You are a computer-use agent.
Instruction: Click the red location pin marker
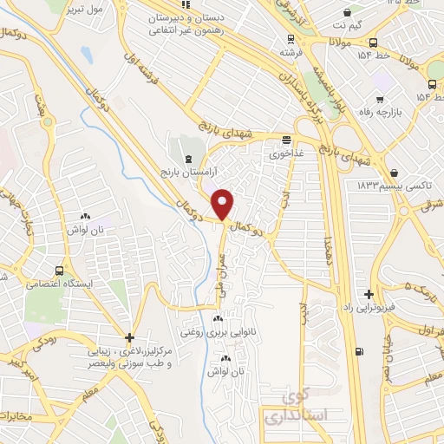click(x=224, y=204)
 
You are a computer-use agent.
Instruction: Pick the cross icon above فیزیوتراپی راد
click(x=370, y=295)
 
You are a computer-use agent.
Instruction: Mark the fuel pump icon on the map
click(x=357, y=353)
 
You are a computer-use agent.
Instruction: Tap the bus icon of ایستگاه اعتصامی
click(x=59, y=270)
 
